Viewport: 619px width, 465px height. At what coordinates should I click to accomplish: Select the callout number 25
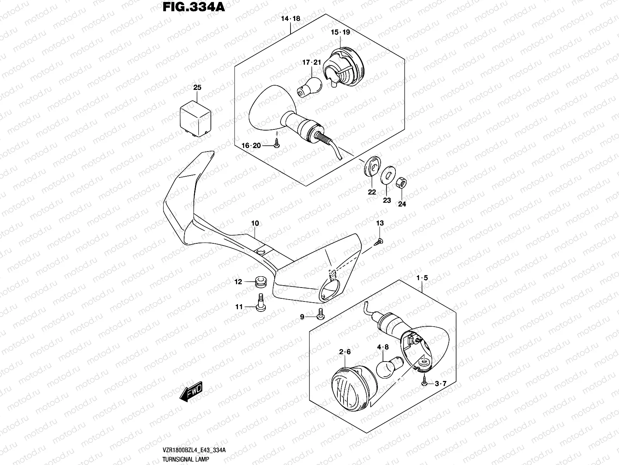click(x=197, y=88)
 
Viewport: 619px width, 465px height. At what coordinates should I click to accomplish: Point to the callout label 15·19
click(x=340, y=32)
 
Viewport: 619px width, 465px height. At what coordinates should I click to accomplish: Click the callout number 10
click(x=255, y=224)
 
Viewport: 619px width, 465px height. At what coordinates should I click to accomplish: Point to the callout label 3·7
click(x=440, y=384)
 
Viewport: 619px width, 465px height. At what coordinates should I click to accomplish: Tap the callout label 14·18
click(x=291, y=19)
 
